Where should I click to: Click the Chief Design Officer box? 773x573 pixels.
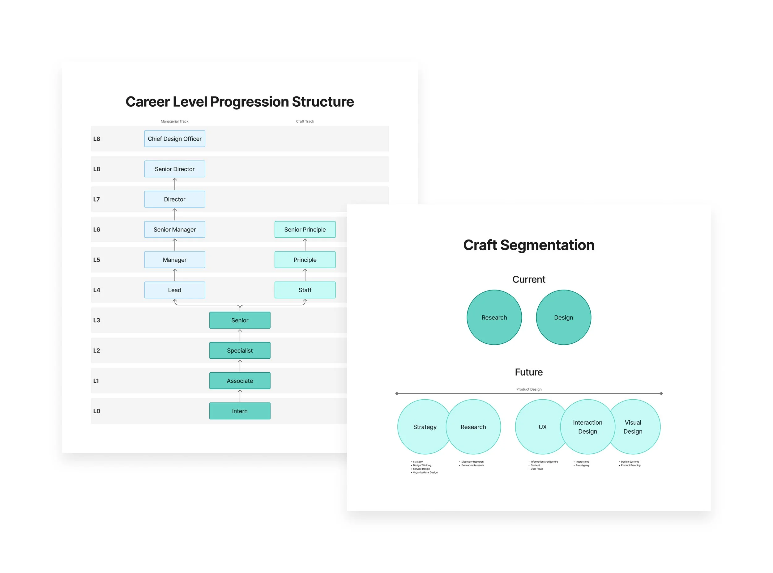click(174, 139)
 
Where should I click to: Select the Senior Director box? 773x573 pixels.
click(174, 169)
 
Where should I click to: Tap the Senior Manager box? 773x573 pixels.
click(174, 230)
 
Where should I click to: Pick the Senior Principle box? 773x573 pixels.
click(305, 230)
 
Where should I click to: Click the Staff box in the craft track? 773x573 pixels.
click(305, 290)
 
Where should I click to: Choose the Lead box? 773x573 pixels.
click(174, 290)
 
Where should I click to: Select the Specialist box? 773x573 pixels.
click(240, 351)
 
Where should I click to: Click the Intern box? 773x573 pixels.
click(240, 411)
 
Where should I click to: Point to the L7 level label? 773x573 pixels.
click(96, 199)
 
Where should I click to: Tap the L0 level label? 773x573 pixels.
click(96, 411)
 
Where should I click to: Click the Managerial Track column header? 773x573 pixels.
click(174, 121)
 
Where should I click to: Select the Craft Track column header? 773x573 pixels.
click(305, 121)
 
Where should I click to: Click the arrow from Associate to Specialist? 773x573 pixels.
click(240, 366)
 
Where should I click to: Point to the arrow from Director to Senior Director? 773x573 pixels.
click(174, 184)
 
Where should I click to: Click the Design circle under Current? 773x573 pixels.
click(563, 317)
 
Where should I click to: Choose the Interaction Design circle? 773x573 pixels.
click(587, 427)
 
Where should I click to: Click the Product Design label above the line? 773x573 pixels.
click(529, 389)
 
